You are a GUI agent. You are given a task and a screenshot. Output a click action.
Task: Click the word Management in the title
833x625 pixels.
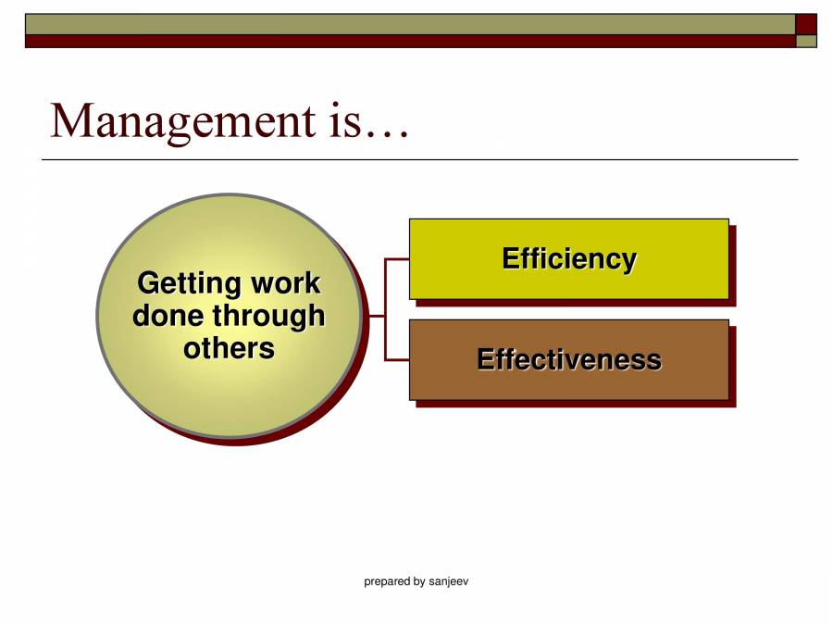point(182,121)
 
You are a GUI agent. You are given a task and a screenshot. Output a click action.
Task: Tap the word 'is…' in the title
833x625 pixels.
point(367,121)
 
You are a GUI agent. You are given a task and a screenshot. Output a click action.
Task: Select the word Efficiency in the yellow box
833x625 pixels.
point(568,258)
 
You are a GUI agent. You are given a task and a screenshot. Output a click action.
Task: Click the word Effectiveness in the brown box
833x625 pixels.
point(568,359)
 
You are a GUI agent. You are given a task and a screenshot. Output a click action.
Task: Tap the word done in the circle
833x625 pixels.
point(168,316)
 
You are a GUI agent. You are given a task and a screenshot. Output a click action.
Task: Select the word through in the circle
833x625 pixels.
point(268,316)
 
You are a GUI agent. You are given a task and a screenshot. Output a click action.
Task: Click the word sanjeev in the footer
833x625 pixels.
point(449,581)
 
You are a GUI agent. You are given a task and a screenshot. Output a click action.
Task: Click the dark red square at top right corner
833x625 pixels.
point(806,24)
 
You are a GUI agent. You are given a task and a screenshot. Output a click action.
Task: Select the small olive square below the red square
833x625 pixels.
point(806,41)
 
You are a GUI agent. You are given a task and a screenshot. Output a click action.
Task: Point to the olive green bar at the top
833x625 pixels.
point(407,24)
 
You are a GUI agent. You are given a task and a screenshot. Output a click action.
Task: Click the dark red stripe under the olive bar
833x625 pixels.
point(407,41)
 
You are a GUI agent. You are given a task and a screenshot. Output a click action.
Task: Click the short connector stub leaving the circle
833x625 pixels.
point(375,316)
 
